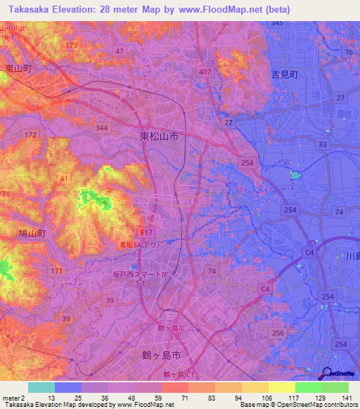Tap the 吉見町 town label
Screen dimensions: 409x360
coord(284,74)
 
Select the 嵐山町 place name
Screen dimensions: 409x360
coord(19,68)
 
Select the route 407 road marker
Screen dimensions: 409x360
coord(205,72)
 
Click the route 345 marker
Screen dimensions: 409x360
coord(277,23)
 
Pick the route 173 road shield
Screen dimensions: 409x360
coord(71,46)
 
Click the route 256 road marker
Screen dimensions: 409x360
coord(278,332)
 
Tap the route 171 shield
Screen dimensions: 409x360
coord(56,271)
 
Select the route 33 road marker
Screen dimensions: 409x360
coord(322,144)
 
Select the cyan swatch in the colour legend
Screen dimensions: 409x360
coord(41,387)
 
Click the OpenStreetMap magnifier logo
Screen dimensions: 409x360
coord(327,374)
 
